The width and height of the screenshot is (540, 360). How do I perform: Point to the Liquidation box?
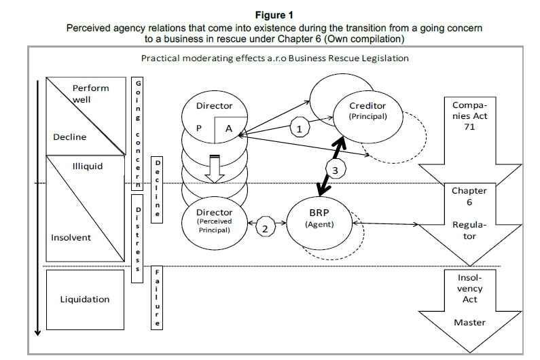point(84,299)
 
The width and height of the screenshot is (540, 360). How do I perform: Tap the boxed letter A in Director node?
point(229,128)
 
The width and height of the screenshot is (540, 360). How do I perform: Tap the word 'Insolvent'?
point(71,238)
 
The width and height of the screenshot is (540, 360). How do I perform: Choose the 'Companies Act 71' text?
point(469,115)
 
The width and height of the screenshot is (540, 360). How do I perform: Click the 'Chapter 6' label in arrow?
point(469,196)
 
